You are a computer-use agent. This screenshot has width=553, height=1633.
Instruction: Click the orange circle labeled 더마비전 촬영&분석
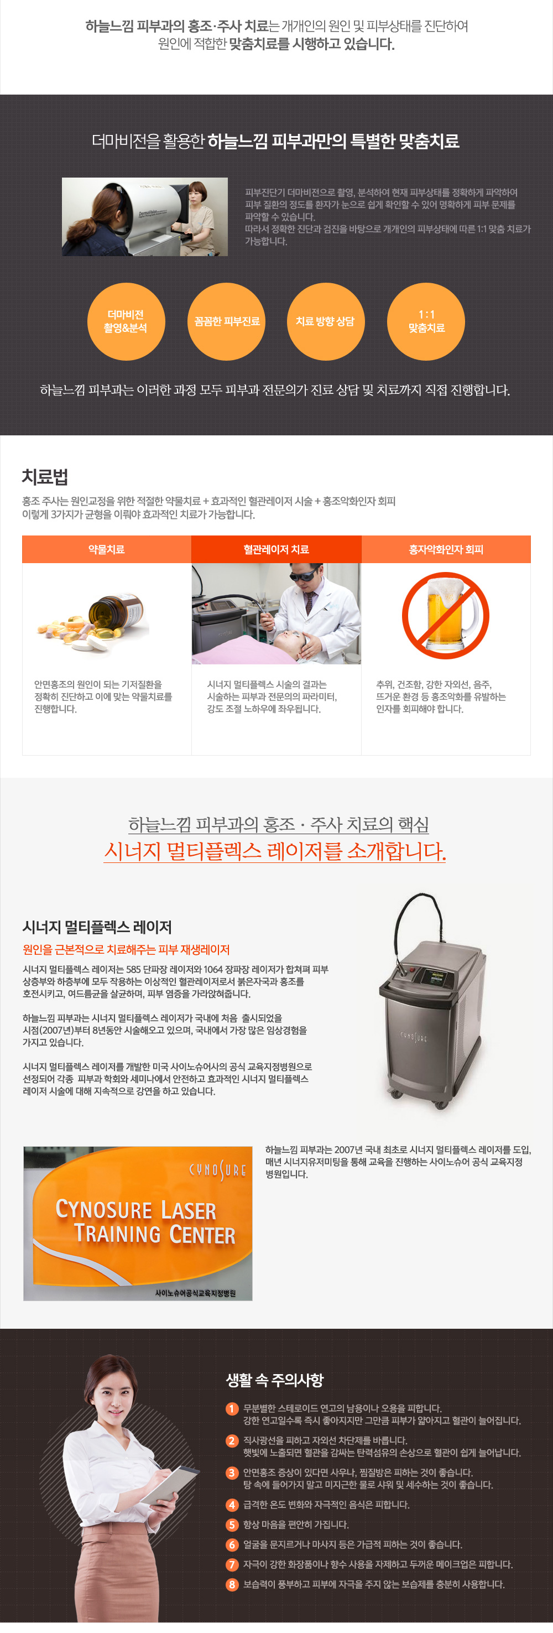(126, 321)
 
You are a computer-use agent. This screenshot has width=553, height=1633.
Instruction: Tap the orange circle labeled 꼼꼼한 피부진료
(226, 321)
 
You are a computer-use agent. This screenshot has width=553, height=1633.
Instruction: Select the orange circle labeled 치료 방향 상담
(326, 321)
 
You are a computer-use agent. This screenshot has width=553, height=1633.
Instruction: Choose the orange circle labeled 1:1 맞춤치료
(426, 321)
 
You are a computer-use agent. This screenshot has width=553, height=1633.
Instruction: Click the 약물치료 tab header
(106, 549)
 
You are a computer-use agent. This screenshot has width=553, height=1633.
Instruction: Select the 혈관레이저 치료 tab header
(276, 549)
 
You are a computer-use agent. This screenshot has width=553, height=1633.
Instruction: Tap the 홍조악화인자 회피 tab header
(446, 549)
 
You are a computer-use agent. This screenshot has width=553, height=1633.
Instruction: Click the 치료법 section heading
(45, 477)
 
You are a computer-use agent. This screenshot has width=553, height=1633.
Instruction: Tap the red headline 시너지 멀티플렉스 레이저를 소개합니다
(275, 851)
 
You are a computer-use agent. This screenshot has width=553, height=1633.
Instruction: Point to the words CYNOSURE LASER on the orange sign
(135, 1209)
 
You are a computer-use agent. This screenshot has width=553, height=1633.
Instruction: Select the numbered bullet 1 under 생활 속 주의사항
(232, 1408)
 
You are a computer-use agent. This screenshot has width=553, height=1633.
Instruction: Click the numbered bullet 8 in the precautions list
(232, 1584)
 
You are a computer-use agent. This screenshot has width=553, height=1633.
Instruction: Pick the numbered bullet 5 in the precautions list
(232, 1525)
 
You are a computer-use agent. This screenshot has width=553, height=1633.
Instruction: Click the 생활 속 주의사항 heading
(275, 1380)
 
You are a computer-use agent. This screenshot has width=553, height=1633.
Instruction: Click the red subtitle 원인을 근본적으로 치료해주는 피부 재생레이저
(126, 950)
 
